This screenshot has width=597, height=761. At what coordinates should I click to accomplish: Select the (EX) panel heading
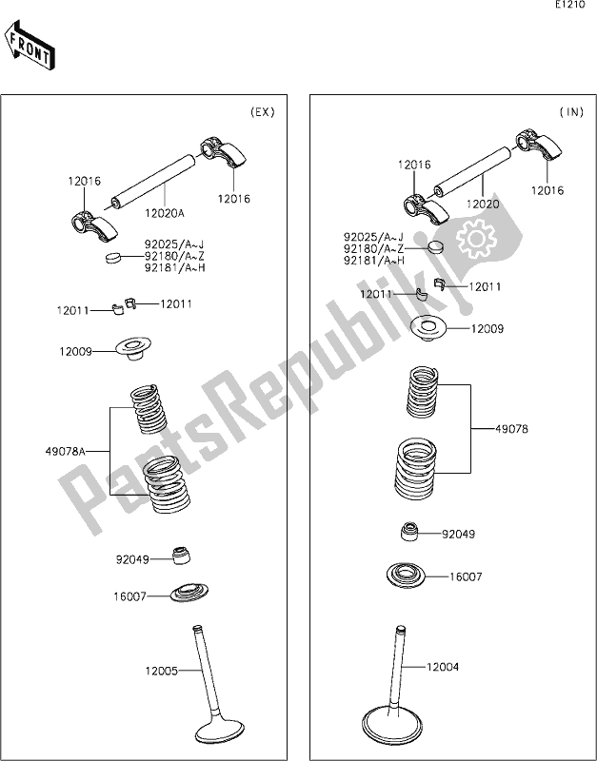click(262, 112)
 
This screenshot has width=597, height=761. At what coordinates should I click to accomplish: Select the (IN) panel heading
click(569, 112)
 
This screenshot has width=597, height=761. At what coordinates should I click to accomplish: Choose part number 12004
click(443, 667)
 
